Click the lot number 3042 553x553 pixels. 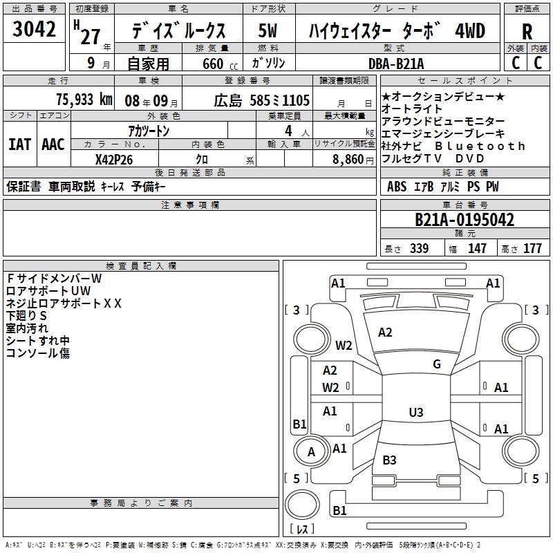[34, 28]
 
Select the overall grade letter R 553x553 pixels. [527, 32]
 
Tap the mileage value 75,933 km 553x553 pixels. [84, 100]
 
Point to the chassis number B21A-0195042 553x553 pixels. [465, 220]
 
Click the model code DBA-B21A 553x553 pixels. [395, 64]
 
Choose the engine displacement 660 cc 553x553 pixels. [220, 64]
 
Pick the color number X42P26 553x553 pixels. [114, 160]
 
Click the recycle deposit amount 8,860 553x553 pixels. [348, 160]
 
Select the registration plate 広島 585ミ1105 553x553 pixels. [262, 101]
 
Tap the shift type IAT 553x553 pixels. [20, 144]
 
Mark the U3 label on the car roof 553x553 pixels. [416, 412]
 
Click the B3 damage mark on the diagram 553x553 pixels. [389, 460]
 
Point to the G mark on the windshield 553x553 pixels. [437, 364]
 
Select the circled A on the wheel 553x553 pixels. [311, 452]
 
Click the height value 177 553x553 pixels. [532, 248]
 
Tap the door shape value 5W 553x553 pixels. [268, 30]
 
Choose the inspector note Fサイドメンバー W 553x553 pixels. [54, 279]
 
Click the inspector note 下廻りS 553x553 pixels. [26, 316]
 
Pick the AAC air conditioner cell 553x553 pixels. [53, 144]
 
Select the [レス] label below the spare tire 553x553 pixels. [302, 529]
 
